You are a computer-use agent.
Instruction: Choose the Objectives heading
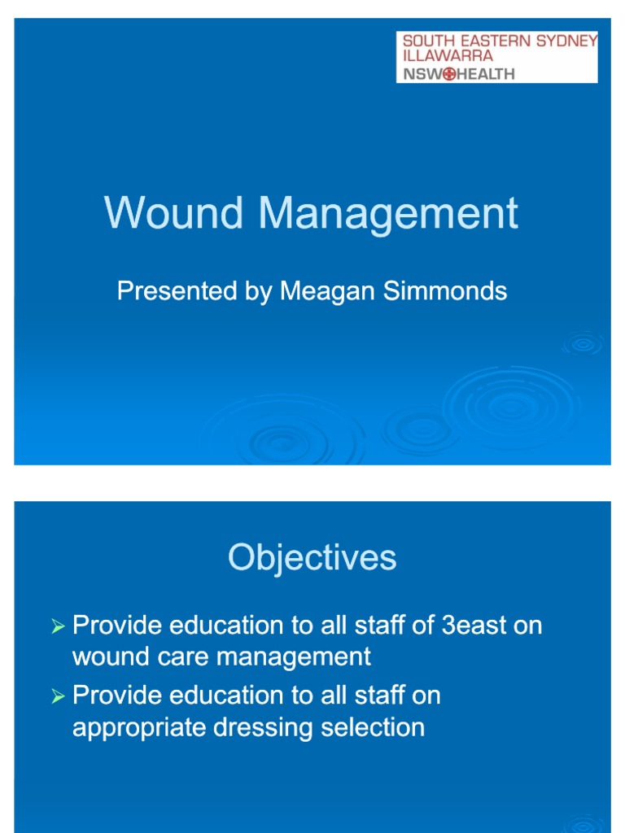point(312,558)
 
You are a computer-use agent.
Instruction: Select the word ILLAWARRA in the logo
point(448,56)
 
